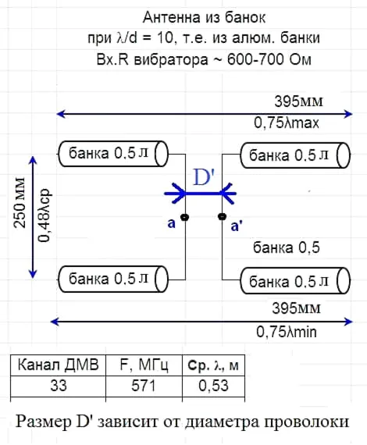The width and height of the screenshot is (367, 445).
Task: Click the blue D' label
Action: [204, 176]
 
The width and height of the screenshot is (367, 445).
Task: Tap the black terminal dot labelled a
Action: [185, 217]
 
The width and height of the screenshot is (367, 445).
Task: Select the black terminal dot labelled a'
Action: [222, 217]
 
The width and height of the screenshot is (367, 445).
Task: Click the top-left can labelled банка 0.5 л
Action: [113, 154]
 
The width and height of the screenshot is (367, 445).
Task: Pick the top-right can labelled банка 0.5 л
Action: [295, 155]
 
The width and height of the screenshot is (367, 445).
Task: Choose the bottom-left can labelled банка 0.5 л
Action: [113, 279]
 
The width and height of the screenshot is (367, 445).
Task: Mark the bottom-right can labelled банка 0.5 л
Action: [295, 281]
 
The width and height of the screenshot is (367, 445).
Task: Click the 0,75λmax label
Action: [287, 123]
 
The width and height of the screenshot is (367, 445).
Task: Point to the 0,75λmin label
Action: [287, 332]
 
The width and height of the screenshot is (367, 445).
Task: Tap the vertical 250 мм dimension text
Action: [20, 203]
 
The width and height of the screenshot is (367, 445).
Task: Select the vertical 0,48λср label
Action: [45, 215]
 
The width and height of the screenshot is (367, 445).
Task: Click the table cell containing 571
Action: [144, 386]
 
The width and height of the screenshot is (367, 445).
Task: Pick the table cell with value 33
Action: [59, 386]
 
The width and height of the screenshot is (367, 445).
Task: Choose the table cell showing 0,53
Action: [213, 386]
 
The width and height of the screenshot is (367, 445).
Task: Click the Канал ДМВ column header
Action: [59, 365]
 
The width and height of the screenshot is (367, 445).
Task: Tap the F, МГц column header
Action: [144, 365]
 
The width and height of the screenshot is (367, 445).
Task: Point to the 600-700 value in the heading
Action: [255, 59]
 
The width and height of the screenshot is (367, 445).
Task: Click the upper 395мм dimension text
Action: [298, 101]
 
